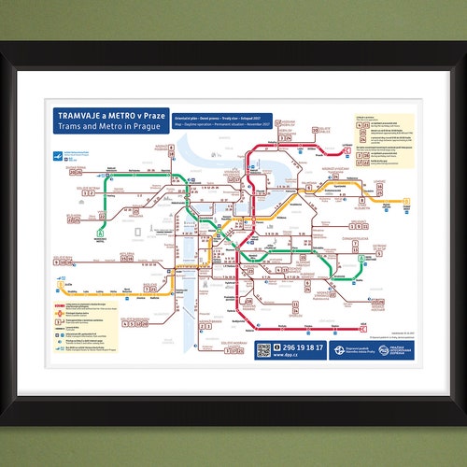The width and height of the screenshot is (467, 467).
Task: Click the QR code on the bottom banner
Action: pos(263,349)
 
